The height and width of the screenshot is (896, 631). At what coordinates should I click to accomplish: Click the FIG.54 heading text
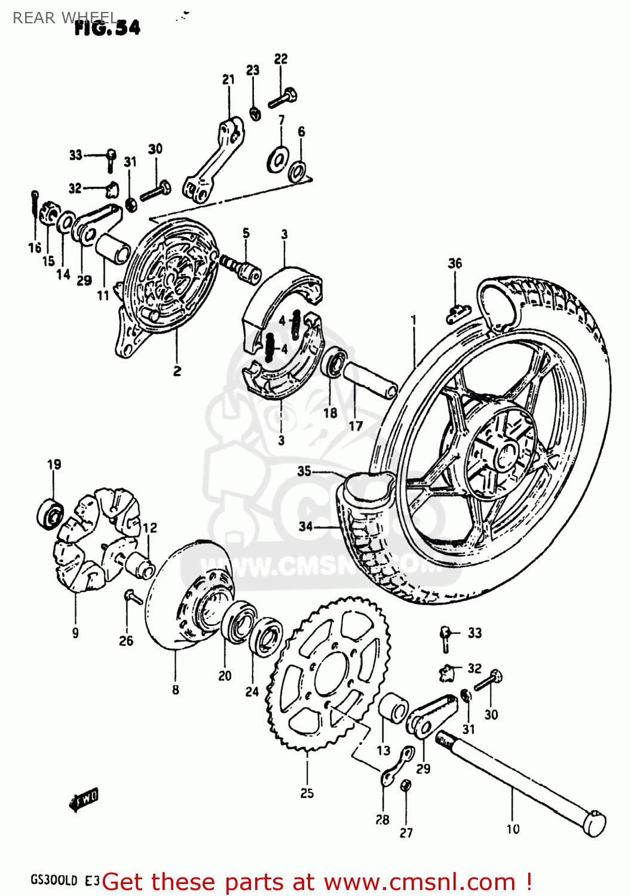coord(108,27)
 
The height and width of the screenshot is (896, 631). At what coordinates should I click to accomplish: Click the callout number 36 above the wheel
coord(455,263)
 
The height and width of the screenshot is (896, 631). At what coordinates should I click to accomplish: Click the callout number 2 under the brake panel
coord(177,371)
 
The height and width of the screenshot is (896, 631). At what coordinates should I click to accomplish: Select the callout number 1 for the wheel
coord(413,321)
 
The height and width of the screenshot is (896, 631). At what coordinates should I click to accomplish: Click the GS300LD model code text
coord(54,880)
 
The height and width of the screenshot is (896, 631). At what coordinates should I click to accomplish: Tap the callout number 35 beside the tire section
coord(304,471)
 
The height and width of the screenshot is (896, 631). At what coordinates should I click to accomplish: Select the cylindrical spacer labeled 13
coord(393,708)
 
